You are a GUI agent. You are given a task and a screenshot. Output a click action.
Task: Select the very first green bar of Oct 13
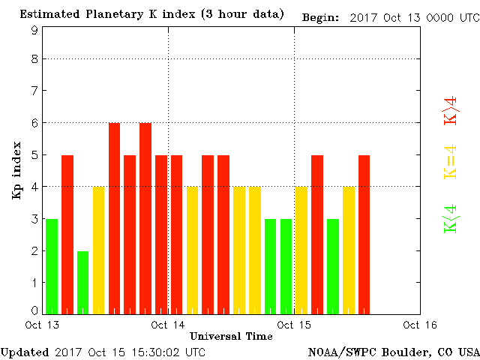(52, 266)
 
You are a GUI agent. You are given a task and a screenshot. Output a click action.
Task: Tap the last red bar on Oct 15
(364, 234)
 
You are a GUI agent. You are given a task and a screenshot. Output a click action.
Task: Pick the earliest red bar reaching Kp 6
(114, 217)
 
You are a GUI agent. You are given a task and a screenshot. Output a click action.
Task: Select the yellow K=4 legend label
(451, 160)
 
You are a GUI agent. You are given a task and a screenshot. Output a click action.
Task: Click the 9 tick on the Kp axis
(34, 30)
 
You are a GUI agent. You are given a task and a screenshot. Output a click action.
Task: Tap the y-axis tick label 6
(34, 122)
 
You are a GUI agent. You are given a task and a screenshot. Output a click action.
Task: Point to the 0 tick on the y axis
(34, 310)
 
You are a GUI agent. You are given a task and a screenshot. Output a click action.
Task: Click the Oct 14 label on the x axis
(168, 325)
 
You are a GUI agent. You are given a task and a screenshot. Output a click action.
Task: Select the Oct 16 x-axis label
(419, 325)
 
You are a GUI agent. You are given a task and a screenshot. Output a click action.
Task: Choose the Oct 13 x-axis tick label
(43, 325)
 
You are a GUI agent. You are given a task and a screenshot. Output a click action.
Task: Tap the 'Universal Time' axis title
(231, 336)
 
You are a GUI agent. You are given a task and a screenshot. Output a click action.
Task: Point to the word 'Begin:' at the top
(321, 16)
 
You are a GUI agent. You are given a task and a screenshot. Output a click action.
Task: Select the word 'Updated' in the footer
(25, 352)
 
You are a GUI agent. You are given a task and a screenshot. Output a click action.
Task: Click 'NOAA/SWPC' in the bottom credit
(335, 352)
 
